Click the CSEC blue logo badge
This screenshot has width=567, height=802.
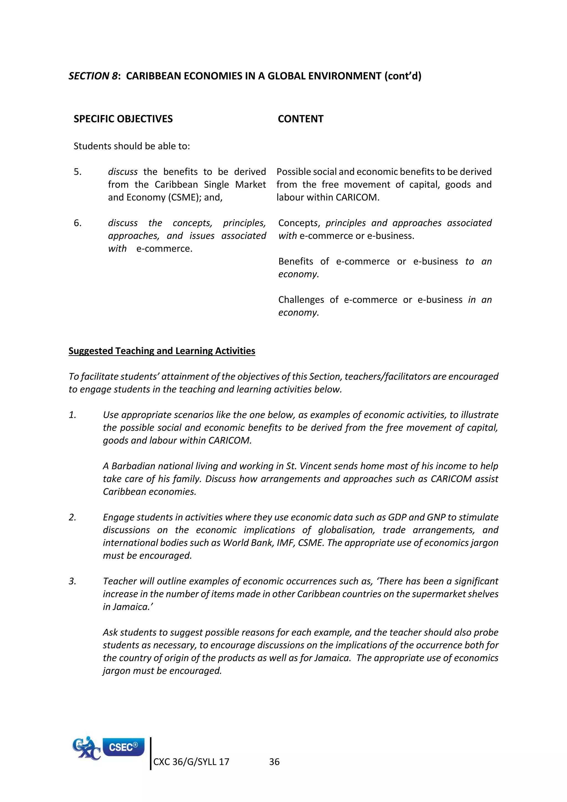(123, 747)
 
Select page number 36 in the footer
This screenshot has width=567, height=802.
(274, 762)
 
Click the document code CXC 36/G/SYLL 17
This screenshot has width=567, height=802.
(191, 762)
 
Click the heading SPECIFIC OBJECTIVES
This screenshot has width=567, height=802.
(123, 119)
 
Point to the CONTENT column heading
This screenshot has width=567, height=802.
(300, 119)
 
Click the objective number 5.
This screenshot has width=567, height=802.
(77, 172)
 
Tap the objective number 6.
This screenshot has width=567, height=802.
(77, 223)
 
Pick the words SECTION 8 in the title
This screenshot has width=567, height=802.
(92, 76)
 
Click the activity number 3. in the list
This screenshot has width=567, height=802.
(72, 581)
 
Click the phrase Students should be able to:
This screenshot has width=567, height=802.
(132, 146)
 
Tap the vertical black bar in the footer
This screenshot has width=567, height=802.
(151, 754)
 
